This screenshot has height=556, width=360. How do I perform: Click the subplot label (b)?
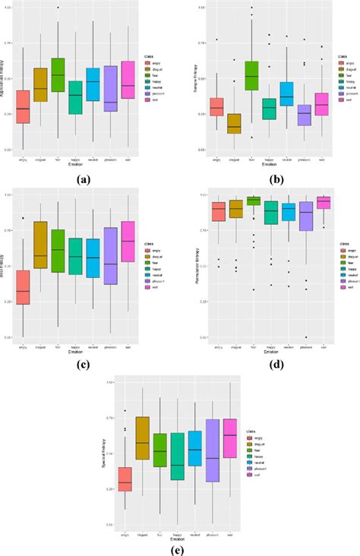267,180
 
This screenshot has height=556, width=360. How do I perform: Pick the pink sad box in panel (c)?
128,242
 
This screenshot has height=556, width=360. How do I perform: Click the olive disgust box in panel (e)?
141,438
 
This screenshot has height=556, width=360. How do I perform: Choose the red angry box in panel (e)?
125,479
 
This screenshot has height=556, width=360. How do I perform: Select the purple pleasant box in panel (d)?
306,216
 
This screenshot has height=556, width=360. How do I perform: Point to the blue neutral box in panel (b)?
286,93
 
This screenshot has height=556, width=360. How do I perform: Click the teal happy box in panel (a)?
75,98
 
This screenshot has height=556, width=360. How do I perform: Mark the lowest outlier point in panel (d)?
306,337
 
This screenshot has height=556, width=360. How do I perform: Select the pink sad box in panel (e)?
230,438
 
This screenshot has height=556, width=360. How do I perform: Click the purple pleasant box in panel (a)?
110,89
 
